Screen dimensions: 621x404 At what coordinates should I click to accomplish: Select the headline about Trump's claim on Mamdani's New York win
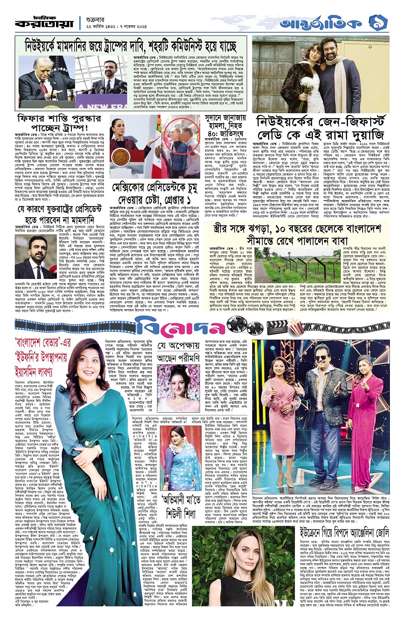pyautogui.click(x=130, y=45)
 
